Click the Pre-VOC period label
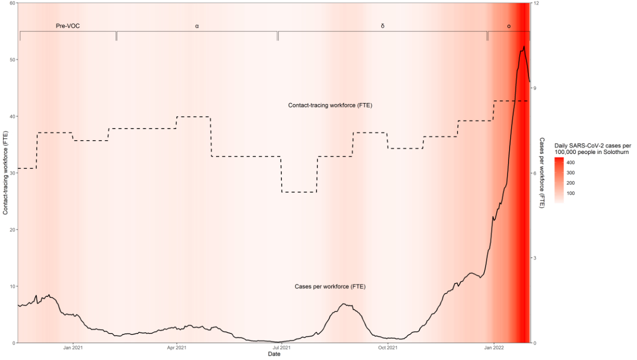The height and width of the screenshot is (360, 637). click(x=68, y=25)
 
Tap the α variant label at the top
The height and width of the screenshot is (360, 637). click(x=197, y=25)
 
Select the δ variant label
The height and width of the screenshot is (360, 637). click(x=382, y=25)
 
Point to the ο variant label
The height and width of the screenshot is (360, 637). click(x=509, y=25)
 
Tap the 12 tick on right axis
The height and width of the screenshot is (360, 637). click(x=537, y=3)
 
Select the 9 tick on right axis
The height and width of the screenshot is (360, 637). click(x=536, y=88)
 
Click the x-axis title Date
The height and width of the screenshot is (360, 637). click(x=274, y=354)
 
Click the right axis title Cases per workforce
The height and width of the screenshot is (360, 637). click(x=542, y=173)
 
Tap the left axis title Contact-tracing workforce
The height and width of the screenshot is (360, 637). click(x=5, y=173)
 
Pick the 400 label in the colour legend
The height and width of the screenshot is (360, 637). click(x=571, y=162)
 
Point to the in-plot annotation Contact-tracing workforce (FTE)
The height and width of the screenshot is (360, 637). click(x=330, y=105)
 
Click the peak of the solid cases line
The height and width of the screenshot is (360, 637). click(x=523, y=47)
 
